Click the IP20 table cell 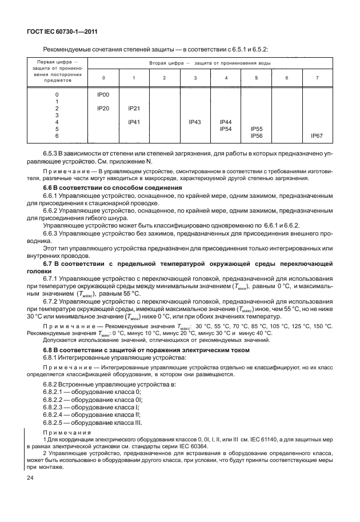point(103,107)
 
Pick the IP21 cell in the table point(134,107)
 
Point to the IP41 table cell point(134,122)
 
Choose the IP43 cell point(195,122)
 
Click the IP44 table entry point(226,122)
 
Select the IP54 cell point(226,129)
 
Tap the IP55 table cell point(257,129)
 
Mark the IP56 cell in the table point(257,136)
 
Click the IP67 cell point(317,136)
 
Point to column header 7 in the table point(317,77)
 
